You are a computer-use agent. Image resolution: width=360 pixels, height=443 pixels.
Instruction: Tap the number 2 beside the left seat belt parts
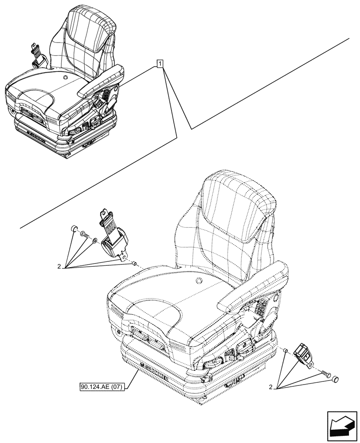tap(59, 267)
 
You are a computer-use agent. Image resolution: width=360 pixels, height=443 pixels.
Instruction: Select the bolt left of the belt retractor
tap(85, 235)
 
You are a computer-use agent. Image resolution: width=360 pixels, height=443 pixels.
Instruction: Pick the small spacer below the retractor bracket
tap(133, 264)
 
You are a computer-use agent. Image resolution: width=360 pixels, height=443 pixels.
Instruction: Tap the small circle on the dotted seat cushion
tap(198, 280)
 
